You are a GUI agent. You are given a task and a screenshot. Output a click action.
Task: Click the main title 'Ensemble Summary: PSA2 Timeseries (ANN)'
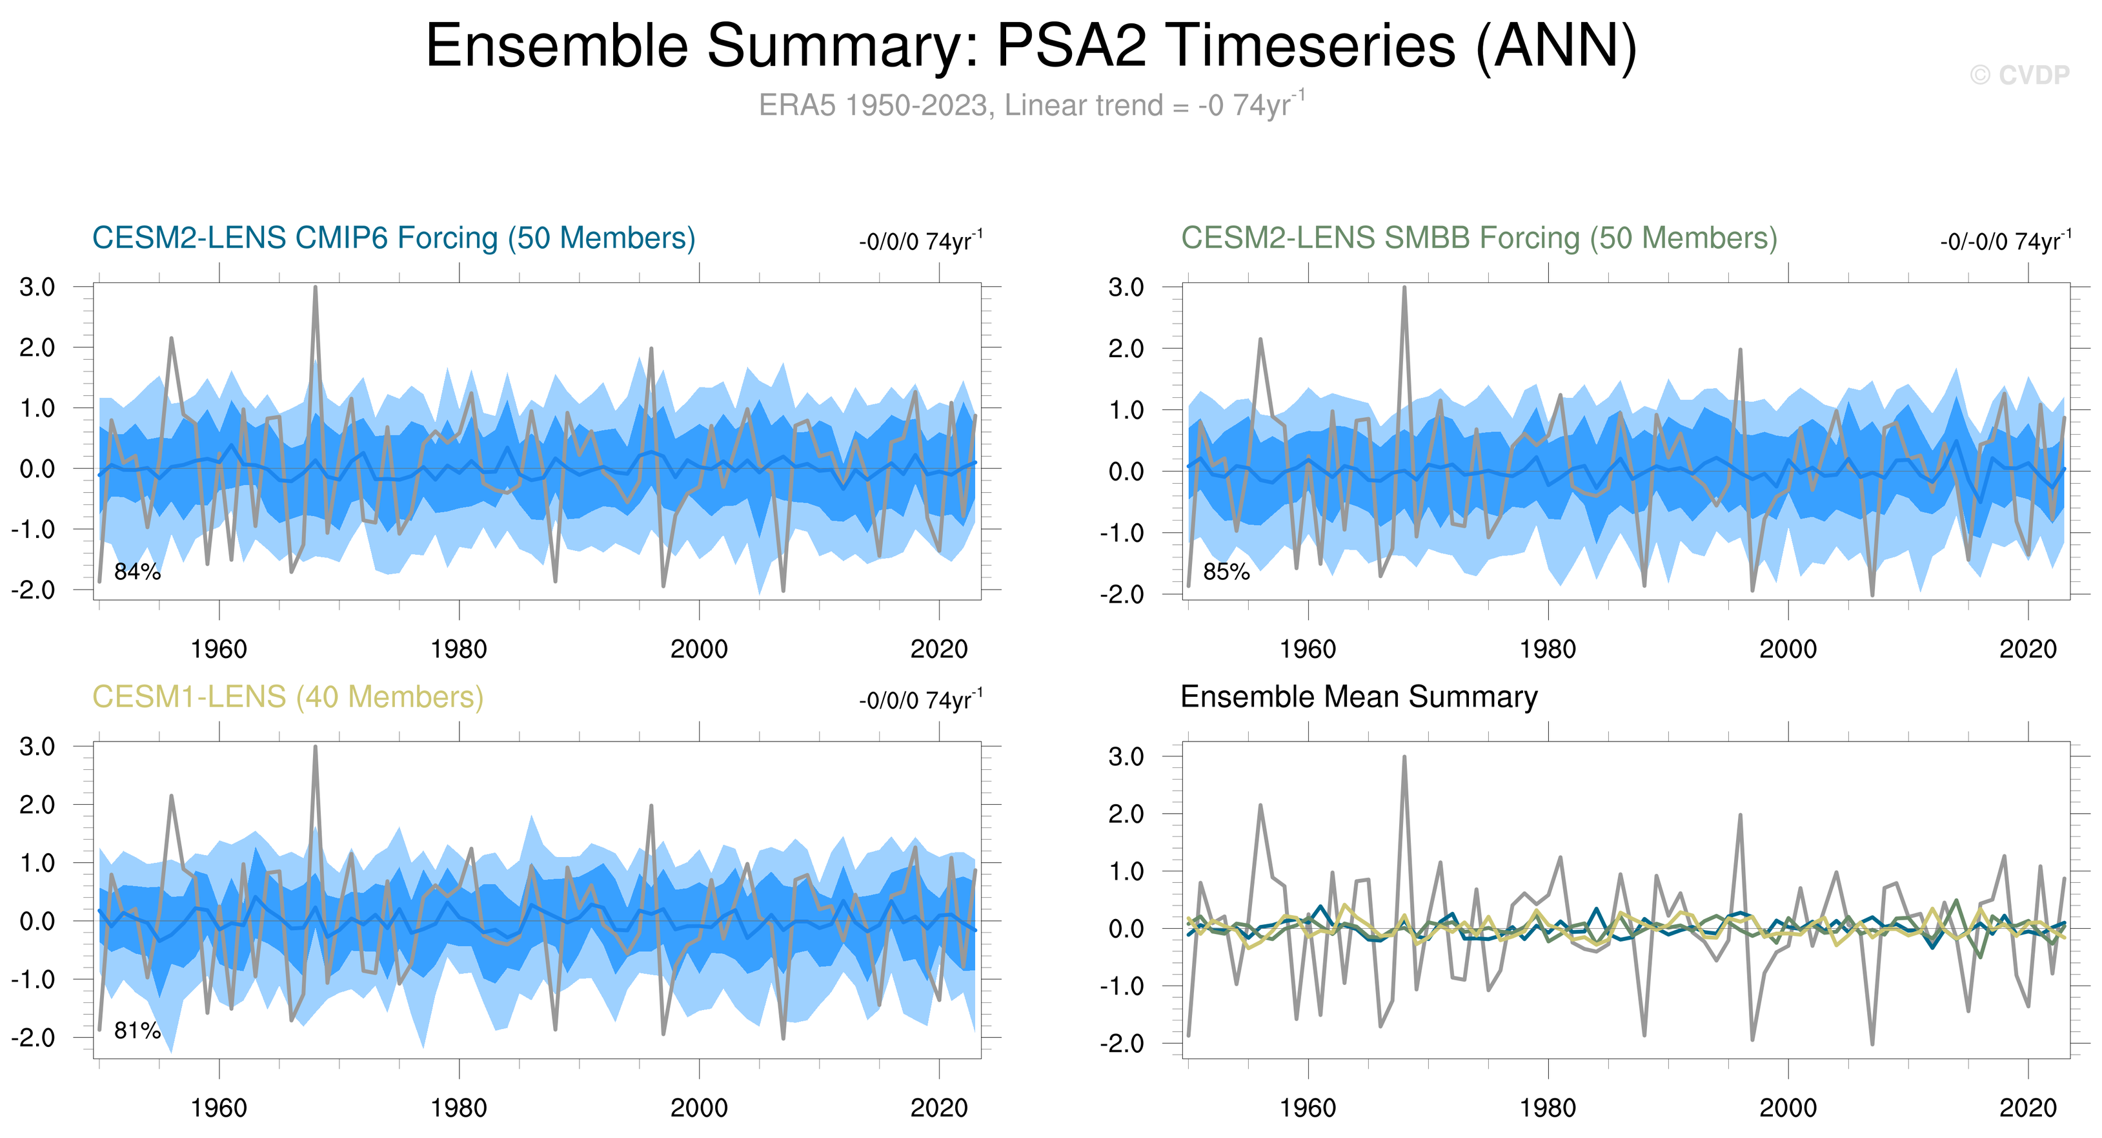tap(1031, 47)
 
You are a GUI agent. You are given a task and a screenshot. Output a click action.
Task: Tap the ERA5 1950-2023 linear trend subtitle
tap(1031, 105)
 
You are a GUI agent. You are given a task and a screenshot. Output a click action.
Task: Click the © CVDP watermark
tap(2019, 75)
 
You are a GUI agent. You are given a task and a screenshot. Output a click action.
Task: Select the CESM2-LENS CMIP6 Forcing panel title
tap(393, 238)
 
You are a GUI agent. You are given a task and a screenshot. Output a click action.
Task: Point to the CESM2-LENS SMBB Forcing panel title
tap(1479, 238)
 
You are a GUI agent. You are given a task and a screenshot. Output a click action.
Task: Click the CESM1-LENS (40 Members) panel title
tap(287, 697)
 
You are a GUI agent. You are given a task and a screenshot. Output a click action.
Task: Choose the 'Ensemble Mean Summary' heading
tap(1359, 697)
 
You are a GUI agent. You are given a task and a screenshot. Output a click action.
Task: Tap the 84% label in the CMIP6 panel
tap(137, 572)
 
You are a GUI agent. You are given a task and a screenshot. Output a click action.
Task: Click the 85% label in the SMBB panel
tap(1226, 572)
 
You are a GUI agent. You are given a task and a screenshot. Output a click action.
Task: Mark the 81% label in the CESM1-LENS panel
tap(137, 1031)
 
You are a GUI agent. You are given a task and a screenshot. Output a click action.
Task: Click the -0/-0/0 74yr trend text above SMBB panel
tap(2005, 242)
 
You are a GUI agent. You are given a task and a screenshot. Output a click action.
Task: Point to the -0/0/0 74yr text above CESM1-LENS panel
tap(920, 701)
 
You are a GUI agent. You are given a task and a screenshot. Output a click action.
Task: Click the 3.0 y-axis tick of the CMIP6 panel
tap(37, 287)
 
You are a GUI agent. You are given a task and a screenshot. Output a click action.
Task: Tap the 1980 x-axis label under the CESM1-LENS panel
tap(459, 1108)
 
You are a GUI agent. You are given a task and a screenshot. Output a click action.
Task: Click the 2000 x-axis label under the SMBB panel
tap(1788, 649)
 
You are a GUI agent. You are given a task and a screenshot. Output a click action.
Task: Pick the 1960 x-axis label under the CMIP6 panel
tap(219, 649)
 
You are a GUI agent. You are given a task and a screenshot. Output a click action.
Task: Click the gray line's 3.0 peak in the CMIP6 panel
tap(315, 288)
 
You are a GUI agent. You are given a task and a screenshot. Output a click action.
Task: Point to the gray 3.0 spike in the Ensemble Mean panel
tap(1404, 758)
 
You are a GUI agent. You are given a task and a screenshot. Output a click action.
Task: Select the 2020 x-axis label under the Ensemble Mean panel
tap(2028, 1108)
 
